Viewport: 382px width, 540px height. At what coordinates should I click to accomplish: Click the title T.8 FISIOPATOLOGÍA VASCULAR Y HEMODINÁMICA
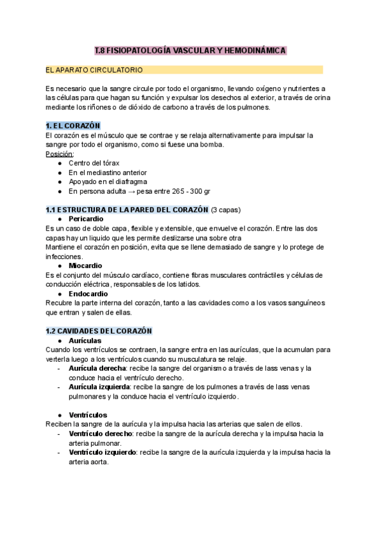(x=190, y=50)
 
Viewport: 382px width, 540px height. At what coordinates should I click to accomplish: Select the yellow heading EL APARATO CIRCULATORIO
(x=94, y=69)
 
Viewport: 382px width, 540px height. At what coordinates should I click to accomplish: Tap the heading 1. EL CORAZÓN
(x=73, y=125)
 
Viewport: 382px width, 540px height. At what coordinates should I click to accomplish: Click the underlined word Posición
(x=60, y=153)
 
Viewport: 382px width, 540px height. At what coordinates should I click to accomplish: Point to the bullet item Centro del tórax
(x=94, y=163)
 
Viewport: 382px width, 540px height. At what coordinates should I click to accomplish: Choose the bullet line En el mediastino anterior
(x=108, y=172)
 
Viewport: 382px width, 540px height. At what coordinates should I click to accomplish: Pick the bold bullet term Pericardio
(x=85, y=219)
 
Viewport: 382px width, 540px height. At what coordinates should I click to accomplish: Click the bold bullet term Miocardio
(x=85, y=266)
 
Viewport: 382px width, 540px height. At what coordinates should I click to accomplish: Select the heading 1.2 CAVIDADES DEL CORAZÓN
(x=99, y=330)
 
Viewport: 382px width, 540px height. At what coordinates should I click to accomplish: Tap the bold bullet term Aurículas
(x=85, y=341)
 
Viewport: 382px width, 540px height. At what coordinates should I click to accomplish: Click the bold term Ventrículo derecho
(x=101, y=434)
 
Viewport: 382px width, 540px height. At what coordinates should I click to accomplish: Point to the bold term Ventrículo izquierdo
(x=103, y=453)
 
